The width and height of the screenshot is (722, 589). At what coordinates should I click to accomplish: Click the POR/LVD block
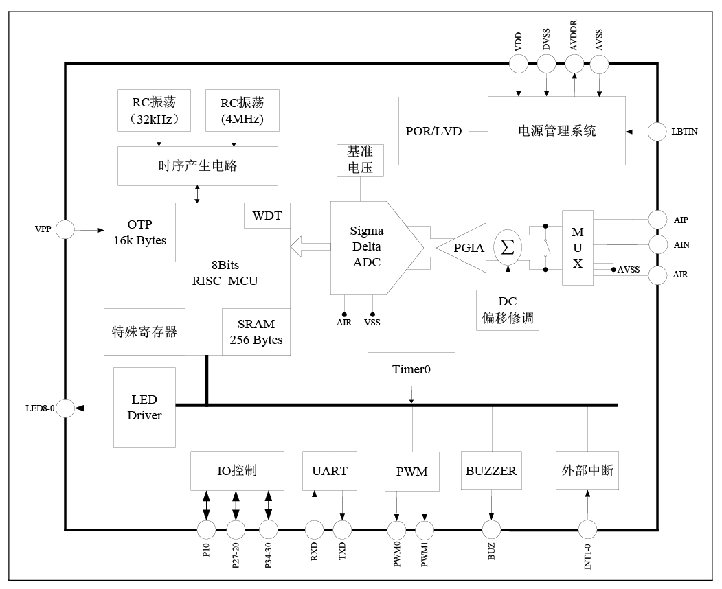coord(433,130)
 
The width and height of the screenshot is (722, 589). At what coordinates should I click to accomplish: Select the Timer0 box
coord(411,369)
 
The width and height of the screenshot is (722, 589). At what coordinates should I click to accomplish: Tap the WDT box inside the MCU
coord(267,216)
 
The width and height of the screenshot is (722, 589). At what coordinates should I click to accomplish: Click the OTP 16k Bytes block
coord(139,232)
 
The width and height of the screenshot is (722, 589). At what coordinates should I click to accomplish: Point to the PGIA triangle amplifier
coord(463,247)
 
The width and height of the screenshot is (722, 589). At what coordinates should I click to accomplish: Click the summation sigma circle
coord(508,247)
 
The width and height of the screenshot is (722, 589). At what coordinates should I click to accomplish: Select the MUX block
coord(578,247)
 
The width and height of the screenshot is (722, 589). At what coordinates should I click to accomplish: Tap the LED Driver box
coord(144,407)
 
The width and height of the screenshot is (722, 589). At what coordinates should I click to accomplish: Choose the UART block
coord(329,471)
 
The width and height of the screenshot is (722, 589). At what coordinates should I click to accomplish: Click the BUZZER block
coord(490,471)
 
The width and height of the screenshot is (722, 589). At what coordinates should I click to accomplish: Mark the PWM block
coord(411,472)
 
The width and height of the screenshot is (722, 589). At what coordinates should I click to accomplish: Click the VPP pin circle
coord(65,230)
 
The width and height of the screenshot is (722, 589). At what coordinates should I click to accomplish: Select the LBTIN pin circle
coord(657,130)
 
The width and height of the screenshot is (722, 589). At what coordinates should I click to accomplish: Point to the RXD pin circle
coord(314,529)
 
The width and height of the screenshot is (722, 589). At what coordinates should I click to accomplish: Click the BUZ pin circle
coord(490,529)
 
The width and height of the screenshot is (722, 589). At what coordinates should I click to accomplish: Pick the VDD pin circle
coord(518,64)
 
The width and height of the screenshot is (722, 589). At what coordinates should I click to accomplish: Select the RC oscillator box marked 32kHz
coord(155,110)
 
